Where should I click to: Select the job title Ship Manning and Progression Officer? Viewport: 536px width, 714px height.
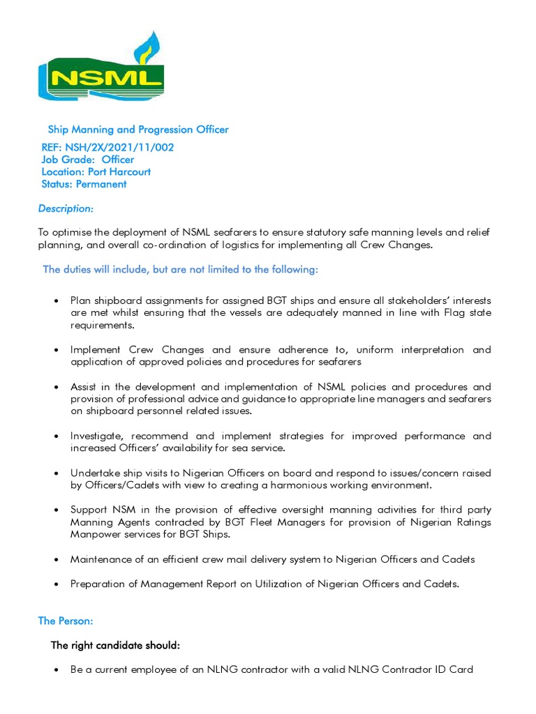coord(137,130)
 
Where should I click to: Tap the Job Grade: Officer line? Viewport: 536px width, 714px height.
coord(88,160)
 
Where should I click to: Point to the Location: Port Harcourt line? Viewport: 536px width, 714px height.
coord(96,172)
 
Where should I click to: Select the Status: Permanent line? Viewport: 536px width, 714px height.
coord(84,185)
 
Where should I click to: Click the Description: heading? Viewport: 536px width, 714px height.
coord(66,209)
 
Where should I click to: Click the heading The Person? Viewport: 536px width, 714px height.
coord(66,621)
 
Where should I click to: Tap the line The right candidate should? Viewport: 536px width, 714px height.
coord(115,646)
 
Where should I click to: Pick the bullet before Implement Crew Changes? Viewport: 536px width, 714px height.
coord(56,350)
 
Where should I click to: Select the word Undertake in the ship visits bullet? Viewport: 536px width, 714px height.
coord(94,473)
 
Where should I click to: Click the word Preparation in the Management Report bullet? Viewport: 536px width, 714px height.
coord(97,584)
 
